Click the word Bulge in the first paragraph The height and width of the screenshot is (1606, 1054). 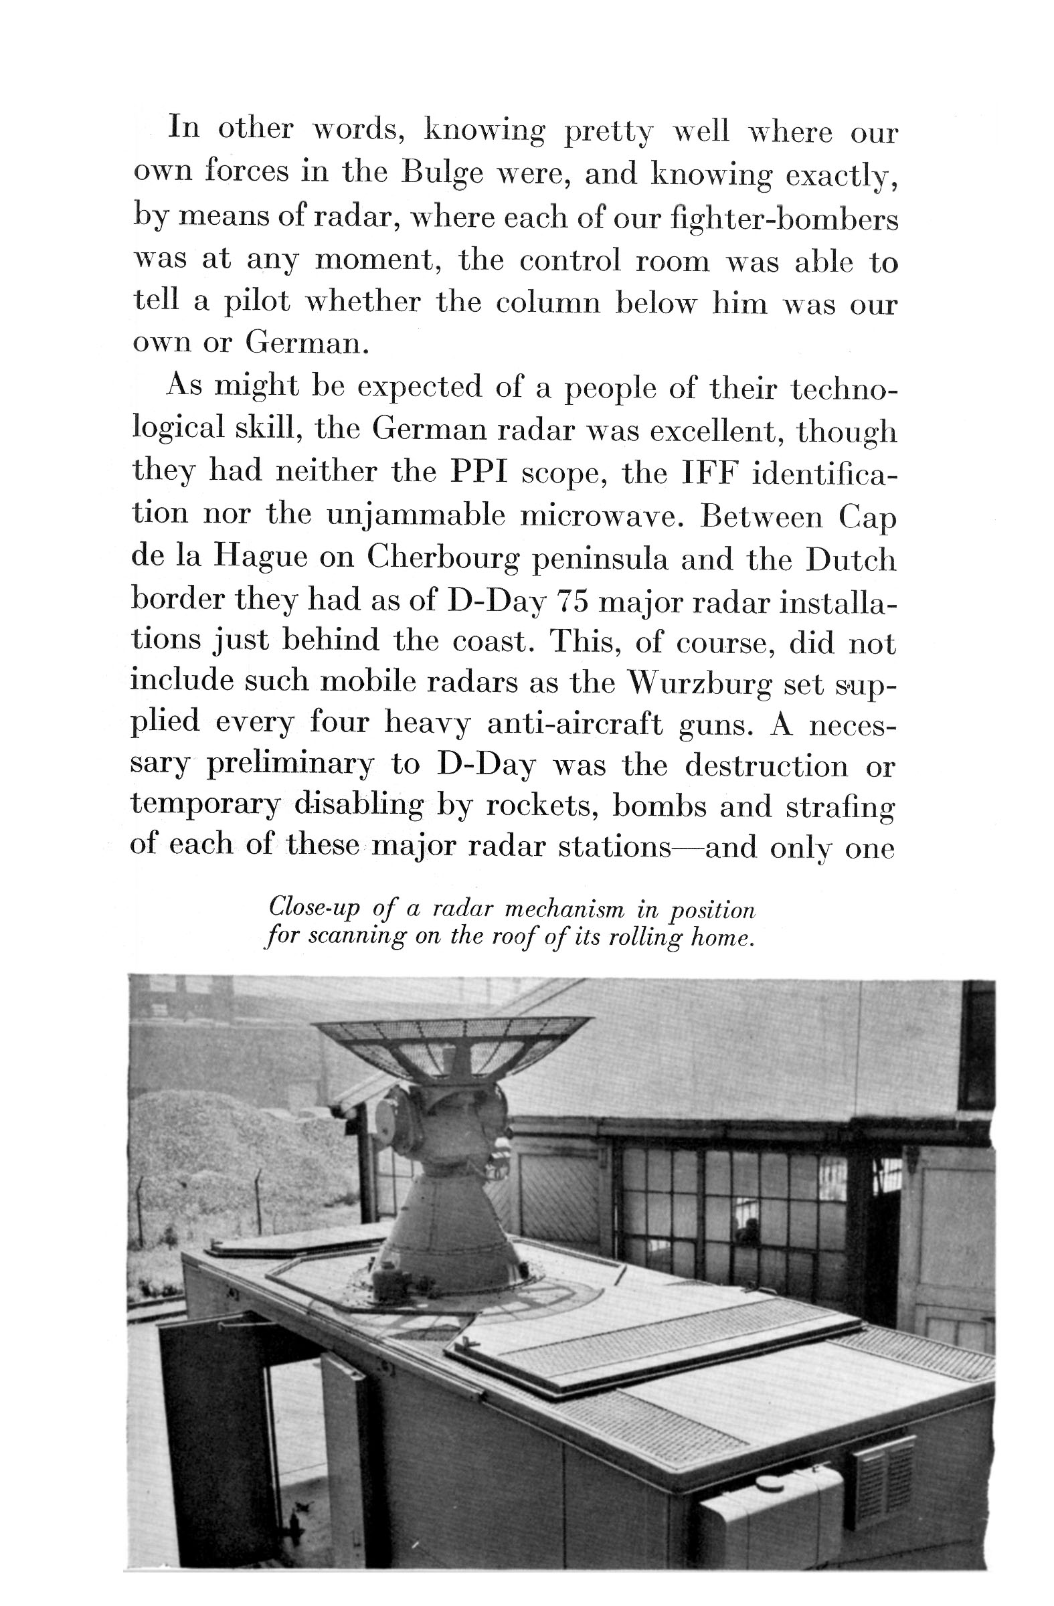442,173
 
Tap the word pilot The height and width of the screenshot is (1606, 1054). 257,303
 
